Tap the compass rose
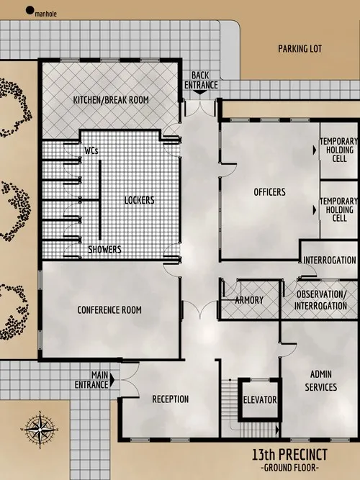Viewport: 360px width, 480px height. pyautogui.click(x=41, y=430)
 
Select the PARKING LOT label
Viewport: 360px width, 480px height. pyautogui.click(x=299, y=50)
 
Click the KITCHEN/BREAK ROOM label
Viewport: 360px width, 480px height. pyautogui.click(x=111, y=100)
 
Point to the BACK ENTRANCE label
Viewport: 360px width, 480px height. pyautogui.click(x=201, y=81)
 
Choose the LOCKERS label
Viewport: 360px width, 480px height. pyautogui.click(x=139, y=200)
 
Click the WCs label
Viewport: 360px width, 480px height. pyautogui.click(x=91, y=151)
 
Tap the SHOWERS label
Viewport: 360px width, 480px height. pyautogui.click(x=104, y=250)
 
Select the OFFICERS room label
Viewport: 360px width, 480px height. pyautogui.click(x=270, y=192)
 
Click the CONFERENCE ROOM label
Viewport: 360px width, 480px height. pyautogui.click(x=109, y=310)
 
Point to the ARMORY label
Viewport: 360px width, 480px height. pyautogui.click(x=249, y=300)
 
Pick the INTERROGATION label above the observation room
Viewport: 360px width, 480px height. pyautogui.click(x=330, y=261)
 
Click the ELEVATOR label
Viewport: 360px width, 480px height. pyautogui.click(x=260, y=401)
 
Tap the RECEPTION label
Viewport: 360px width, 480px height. pyautogui.click(x=170, y=399)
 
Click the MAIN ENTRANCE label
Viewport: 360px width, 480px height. pyautogui.click(x=99, y=379)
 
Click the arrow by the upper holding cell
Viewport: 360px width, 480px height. pyautogui.click(x=313, y=150)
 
